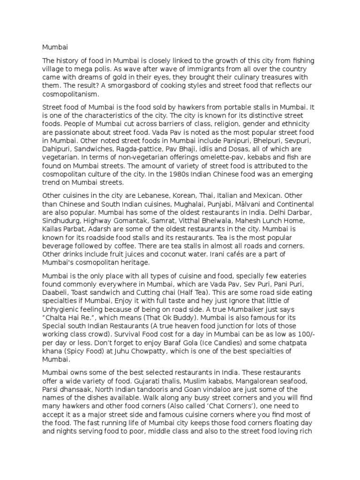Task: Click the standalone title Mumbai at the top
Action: pyautogui.click(x=52, y=47)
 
